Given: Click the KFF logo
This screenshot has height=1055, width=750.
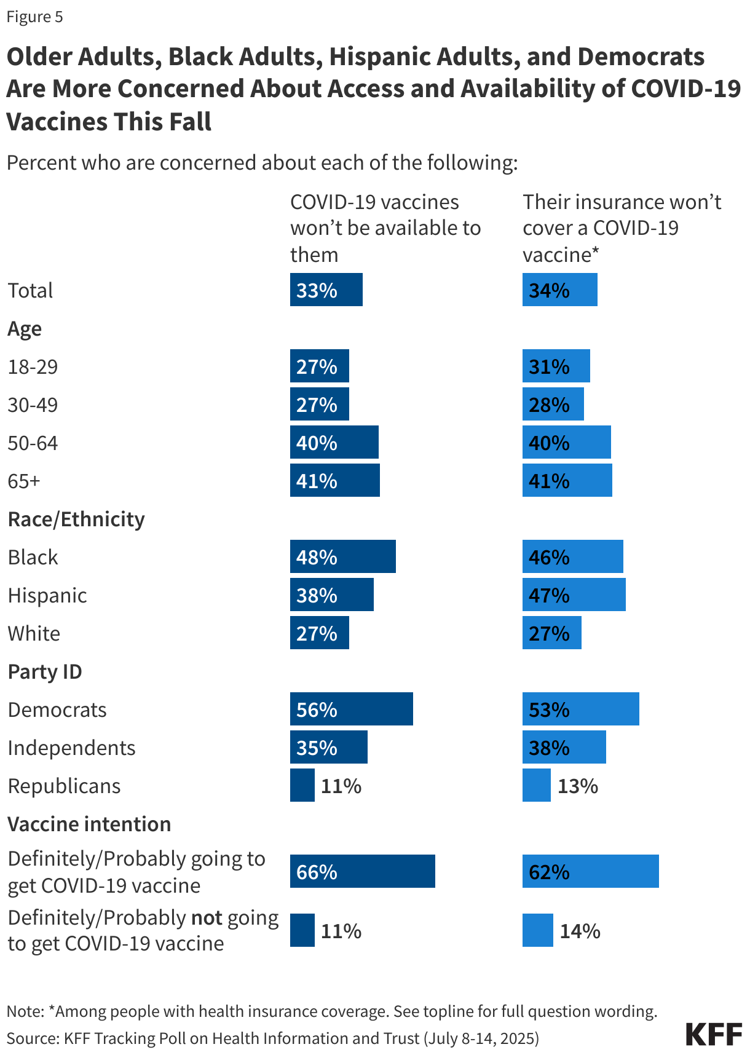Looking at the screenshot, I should pyautogui.click(x=714, y=1034).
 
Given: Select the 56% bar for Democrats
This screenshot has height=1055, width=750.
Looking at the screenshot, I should pyautogui.click(x=351, y=709).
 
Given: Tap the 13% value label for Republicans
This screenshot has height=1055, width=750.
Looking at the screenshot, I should pyautogui.click(x=577, y=786).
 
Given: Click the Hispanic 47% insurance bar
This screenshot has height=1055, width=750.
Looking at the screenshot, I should pyautogui.click(x=574, y=595).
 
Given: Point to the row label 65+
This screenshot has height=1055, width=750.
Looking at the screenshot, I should pyautogui.click(x=24, y=481).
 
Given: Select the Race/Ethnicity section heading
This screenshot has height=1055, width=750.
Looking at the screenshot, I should pyautogui.click(x=76, y=519).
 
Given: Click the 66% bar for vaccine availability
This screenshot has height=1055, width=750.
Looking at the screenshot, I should pyautogui.click(x=362, y=871).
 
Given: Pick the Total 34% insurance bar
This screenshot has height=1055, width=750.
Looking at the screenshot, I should pyautogui.click(x=559, y=290).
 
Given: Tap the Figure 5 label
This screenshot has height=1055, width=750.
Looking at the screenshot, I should pyautogui.click(x=34, y=17).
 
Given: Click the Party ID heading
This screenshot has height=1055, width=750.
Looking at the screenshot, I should pyautogui.click(x=45, y=671).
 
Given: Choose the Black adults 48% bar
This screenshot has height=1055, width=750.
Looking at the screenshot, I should pyautogui.click(x=342, y=556).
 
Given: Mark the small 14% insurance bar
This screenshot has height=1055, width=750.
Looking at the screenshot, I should pyautogui.click(x=537, y=930).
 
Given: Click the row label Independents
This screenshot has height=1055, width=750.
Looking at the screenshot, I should pyautogui.click(x=71, y=748).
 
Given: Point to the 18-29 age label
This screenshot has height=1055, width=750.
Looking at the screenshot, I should pyautogui.click(x=33, y=366).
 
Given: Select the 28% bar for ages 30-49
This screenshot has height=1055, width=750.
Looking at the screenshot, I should pyautogui.click(x=553, y=404).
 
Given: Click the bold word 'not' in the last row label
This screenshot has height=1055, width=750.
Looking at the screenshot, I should pyautogui.click(x=207, y=917).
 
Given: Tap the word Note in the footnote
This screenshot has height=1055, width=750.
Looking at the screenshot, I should pyautogui.click(x=25, y=1011).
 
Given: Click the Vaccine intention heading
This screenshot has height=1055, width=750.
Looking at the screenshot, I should pyautogui.click(x=89, y=824).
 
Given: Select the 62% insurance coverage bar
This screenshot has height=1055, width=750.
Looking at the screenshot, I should pyautogui.click(x=590, y=871).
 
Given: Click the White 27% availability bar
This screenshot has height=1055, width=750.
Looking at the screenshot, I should pyautogui.click(x=319, y=633).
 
